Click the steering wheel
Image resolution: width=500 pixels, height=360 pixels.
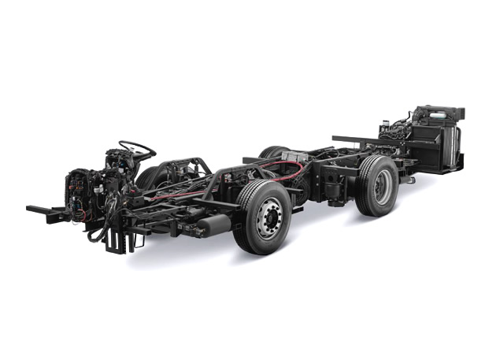point(137,148)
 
